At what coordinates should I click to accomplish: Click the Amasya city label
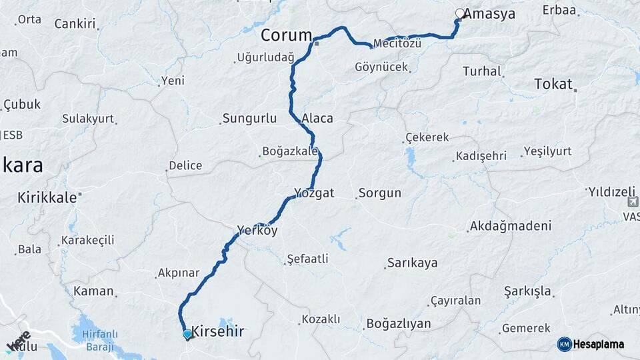point(489,13)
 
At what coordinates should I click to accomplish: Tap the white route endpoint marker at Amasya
point(459,13)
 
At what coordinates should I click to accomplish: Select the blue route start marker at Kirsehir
point(187,333)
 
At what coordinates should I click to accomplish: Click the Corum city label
point(287,35)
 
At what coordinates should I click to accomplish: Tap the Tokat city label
point(553,84)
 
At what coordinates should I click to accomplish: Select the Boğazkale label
point(290,151)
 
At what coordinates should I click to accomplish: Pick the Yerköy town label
point(257,231)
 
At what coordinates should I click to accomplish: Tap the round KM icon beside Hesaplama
point(564,344)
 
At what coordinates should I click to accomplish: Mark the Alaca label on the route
point(317,119)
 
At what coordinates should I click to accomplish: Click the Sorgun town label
point(380,193)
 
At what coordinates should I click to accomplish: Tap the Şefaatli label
point(307,258)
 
